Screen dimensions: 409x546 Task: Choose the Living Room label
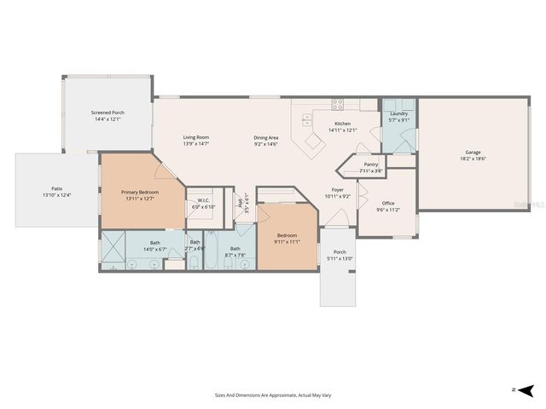(x=196, y=137)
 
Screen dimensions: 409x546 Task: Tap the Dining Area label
(x=266, y=137)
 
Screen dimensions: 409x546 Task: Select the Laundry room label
(x=398, y=113)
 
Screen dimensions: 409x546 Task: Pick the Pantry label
(x=370, y=164)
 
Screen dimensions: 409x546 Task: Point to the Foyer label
(x=338, y=190)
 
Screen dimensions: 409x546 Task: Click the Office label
(x=388, y=202)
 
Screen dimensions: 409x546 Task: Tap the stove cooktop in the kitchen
(x=338, y=106)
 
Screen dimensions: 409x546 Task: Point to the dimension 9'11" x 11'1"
(x=288, y=241)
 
